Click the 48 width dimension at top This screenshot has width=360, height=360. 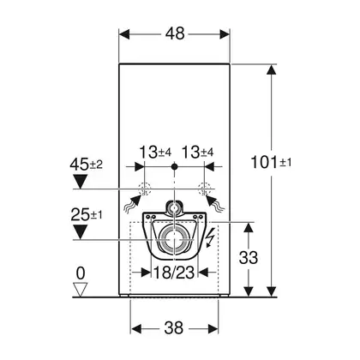coord(175,34)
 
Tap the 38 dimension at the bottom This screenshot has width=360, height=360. coord(174,327)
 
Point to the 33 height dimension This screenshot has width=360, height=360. coord(249,257)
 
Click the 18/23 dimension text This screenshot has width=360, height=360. coord(174,273)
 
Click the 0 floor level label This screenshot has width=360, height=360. coord(81,273)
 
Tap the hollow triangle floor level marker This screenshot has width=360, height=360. coord(80,290)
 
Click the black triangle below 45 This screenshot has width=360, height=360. coord(80,182)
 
